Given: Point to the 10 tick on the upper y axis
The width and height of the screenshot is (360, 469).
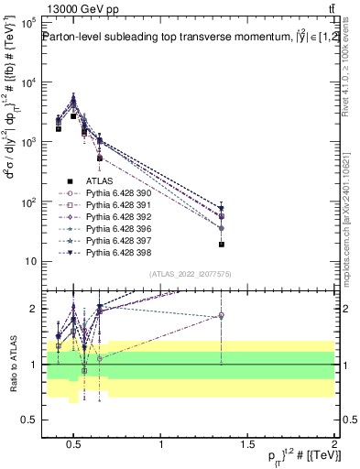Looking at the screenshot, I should (29, 261).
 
